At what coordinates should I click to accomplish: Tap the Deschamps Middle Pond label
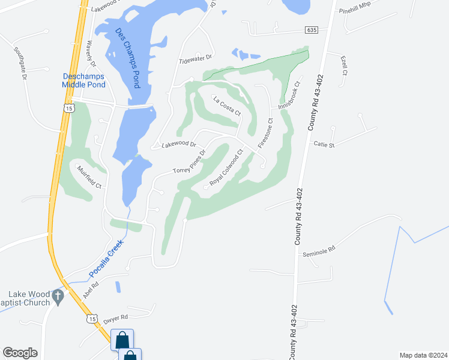[83, 80]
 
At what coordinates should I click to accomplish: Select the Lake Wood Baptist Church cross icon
[58, 295]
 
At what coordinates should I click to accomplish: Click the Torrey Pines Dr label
[189, 161]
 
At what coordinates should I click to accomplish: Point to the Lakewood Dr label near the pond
[178, 145]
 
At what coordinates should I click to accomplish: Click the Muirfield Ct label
[89, 177]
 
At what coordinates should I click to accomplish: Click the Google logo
[20, 352]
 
